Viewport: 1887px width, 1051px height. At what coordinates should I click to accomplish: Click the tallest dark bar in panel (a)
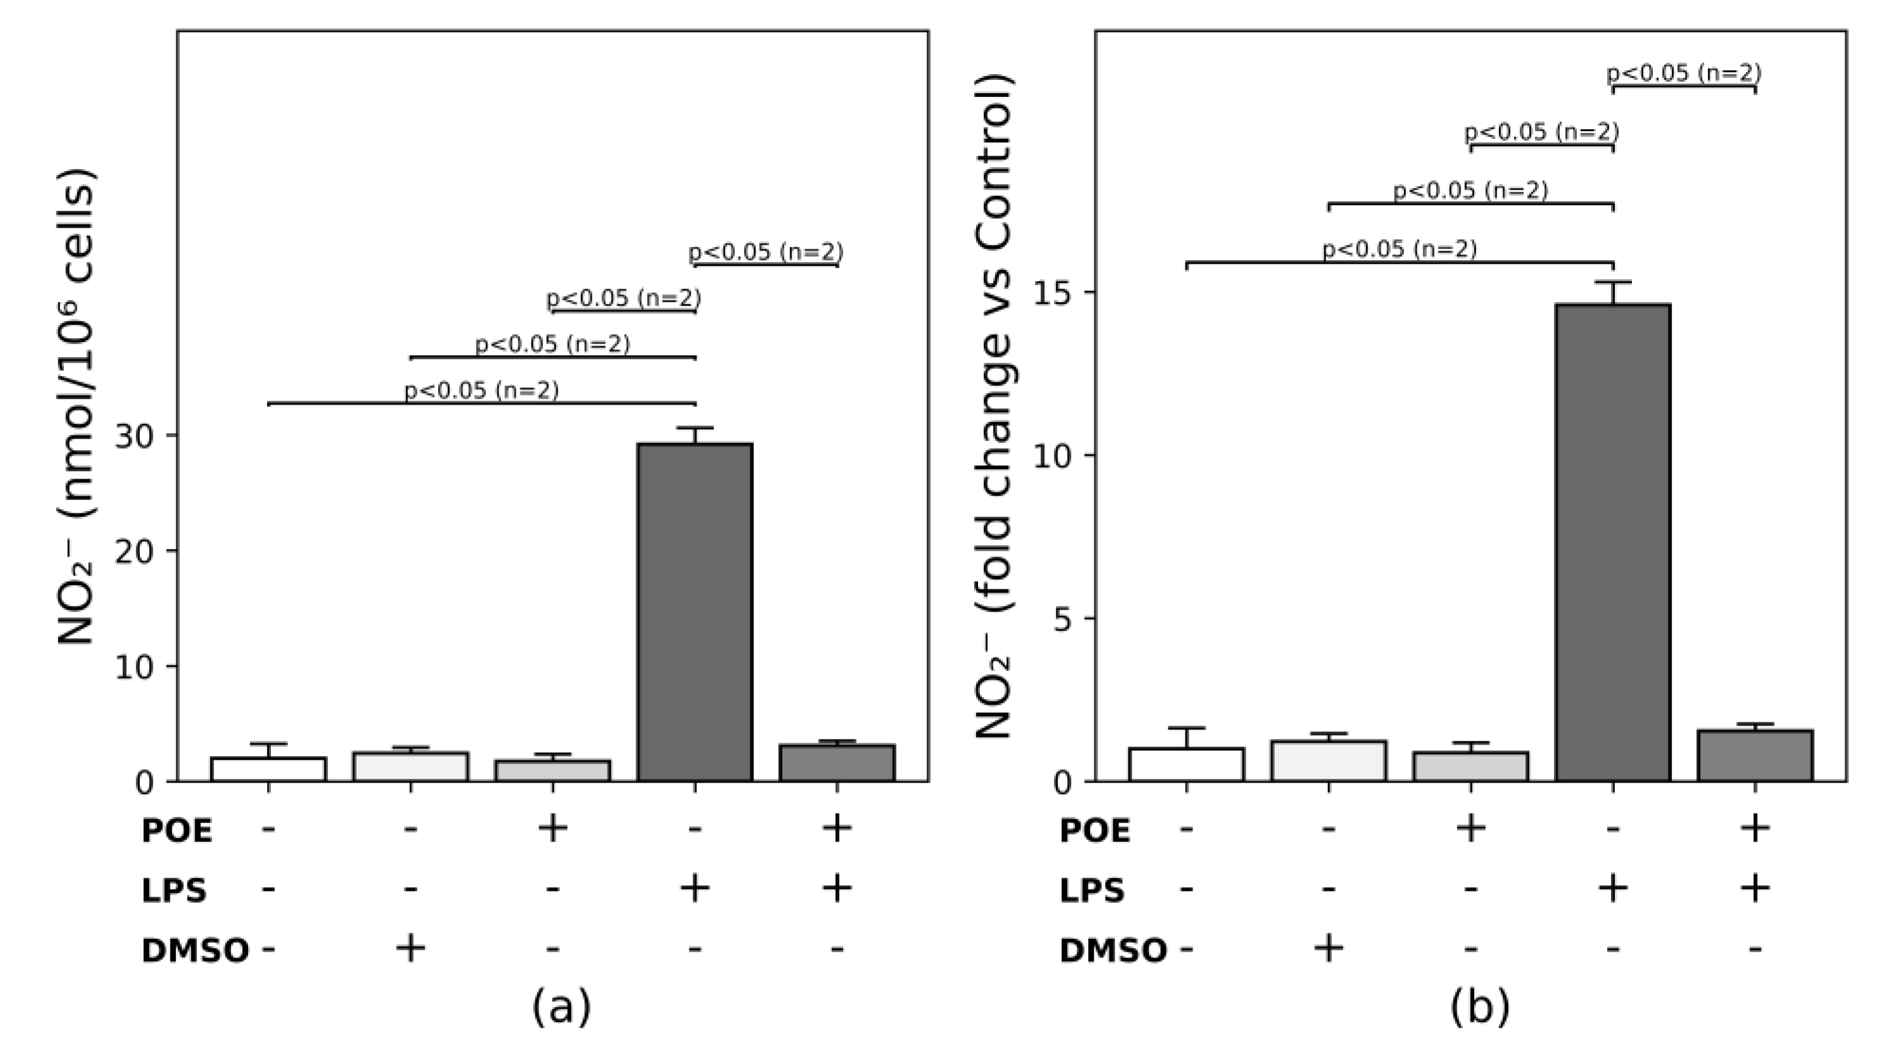[694, 612]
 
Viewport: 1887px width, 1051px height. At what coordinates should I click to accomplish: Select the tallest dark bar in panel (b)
[1612, 543]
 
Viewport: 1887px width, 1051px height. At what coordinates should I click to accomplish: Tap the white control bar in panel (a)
[268, 769]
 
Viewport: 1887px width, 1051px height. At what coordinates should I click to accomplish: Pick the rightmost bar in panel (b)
[1755, 755]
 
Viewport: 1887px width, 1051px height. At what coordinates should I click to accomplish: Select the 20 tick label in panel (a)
[135, 551]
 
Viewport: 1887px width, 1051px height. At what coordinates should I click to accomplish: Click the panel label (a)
[561, 1006]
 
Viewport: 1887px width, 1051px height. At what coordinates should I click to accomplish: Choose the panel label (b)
[1479, 1006]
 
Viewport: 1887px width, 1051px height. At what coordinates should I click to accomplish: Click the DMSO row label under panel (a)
[195, 950]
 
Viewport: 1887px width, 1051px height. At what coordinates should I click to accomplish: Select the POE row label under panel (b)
[1094, 831]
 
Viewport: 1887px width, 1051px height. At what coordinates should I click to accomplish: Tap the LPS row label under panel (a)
[173, 890]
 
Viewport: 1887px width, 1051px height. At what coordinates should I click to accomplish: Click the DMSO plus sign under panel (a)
[410, 948]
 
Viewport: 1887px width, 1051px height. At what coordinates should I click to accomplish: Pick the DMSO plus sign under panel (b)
[1328, 948]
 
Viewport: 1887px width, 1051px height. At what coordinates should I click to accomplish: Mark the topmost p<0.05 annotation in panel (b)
[1683, 73]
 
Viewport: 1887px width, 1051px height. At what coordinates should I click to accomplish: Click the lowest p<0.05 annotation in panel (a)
[481, 390]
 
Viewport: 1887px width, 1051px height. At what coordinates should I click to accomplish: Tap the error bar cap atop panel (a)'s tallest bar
[694, 427]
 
